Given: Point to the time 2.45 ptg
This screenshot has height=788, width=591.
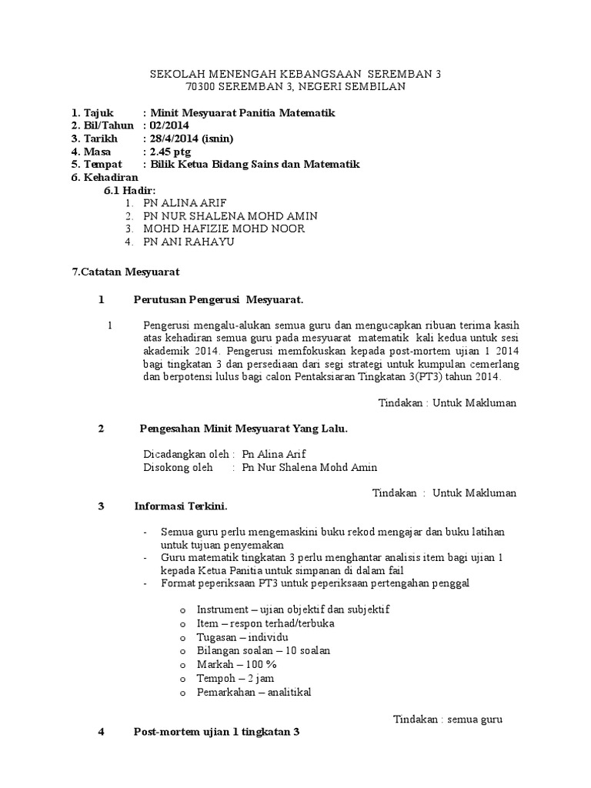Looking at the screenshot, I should [170, 152].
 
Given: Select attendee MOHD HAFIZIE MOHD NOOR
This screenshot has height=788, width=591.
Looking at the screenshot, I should [223, 229].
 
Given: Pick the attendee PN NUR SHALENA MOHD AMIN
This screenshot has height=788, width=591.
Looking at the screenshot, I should [230, 216].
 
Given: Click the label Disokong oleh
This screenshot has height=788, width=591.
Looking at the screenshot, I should [178, 467].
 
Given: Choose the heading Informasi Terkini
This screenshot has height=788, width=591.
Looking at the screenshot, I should [181, 506].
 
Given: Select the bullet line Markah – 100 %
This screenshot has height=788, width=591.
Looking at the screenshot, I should [236, 664].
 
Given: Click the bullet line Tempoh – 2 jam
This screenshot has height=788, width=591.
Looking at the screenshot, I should [235, 678].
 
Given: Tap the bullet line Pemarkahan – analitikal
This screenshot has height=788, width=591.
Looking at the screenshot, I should [254, 692].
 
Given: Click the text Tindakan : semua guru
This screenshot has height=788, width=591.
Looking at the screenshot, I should [448, 720].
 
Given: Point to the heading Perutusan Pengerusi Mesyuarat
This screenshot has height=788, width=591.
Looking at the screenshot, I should [219, 299].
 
